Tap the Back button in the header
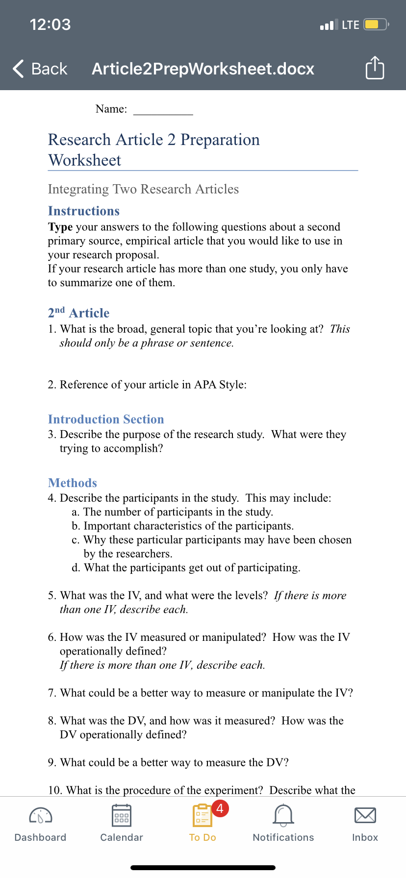40,69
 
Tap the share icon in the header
375,68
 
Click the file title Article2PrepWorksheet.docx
203,69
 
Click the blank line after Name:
163,110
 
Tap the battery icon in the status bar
376,24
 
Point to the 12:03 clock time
50,24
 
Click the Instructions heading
84,211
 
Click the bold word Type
60,227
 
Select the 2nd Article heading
78,313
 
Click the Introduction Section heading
106,419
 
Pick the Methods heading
73,483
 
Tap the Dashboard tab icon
41,815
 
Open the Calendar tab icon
122,815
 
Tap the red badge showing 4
220,808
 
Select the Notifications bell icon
283,815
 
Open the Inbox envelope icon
365,815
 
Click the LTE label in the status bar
350,24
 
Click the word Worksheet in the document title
85,160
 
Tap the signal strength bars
329,24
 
